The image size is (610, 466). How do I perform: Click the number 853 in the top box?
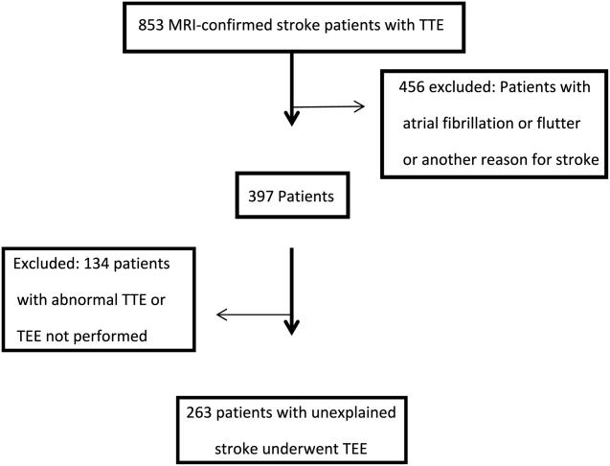151,25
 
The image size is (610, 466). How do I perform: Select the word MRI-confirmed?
220,25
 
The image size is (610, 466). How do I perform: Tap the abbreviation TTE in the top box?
432,25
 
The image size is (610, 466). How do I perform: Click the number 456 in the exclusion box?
412,86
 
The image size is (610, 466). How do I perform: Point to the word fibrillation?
478,124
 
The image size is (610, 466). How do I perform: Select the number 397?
261,196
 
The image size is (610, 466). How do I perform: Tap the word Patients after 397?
305,196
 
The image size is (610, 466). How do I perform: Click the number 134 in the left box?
97,264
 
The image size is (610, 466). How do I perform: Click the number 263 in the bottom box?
199,412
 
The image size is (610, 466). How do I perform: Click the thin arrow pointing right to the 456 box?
328,106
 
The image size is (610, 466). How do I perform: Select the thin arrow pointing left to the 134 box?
254,315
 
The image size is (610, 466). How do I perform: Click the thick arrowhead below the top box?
292,117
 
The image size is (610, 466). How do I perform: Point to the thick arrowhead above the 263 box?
292,327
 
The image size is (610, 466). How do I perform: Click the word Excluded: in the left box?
46,264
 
